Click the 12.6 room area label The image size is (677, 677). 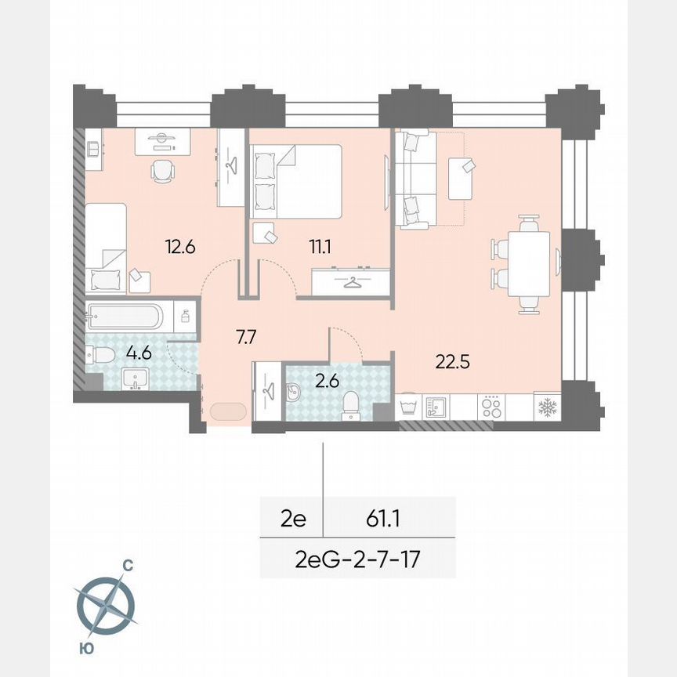(179, 247)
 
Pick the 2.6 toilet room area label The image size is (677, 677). (323, 382)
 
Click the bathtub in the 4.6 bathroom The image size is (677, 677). (126, 317)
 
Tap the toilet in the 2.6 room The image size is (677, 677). (351, 401)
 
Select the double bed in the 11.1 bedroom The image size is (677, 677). (295, 182)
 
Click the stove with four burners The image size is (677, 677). (491, 407)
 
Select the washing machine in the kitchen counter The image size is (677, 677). (409, 407)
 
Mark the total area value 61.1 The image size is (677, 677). (385, 517)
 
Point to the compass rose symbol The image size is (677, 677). (107, 604)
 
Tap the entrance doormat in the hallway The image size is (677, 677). (227, 412)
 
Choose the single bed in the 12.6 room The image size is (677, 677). (106, 247)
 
